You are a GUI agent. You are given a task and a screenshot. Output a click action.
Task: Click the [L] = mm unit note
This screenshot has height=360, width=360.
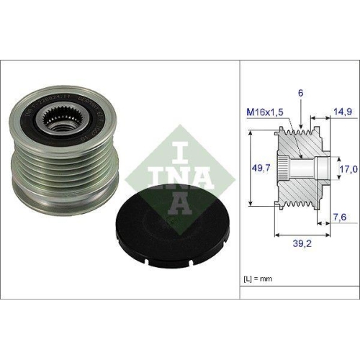(259, 277)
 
